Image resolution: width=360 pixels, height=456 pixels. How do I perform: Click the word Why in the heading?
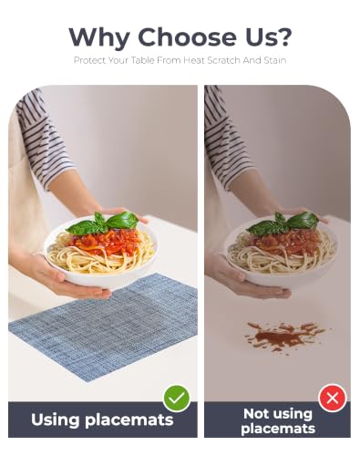tap(98, 38)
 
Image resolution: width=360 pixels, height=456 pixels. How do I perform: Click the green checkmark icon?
tap(177, 399)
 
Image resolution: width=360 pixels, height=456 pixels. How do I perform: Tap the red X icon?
tap(333, 398)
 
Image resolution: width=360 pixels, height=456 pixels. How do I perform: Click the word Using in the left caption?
tap(55, 420)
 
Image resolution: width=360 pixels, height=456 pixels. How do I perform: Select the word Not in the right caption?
tap(256, 414)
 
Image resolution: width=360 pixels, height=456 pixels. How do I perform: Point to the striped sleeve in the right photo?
tap(226, 137)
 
